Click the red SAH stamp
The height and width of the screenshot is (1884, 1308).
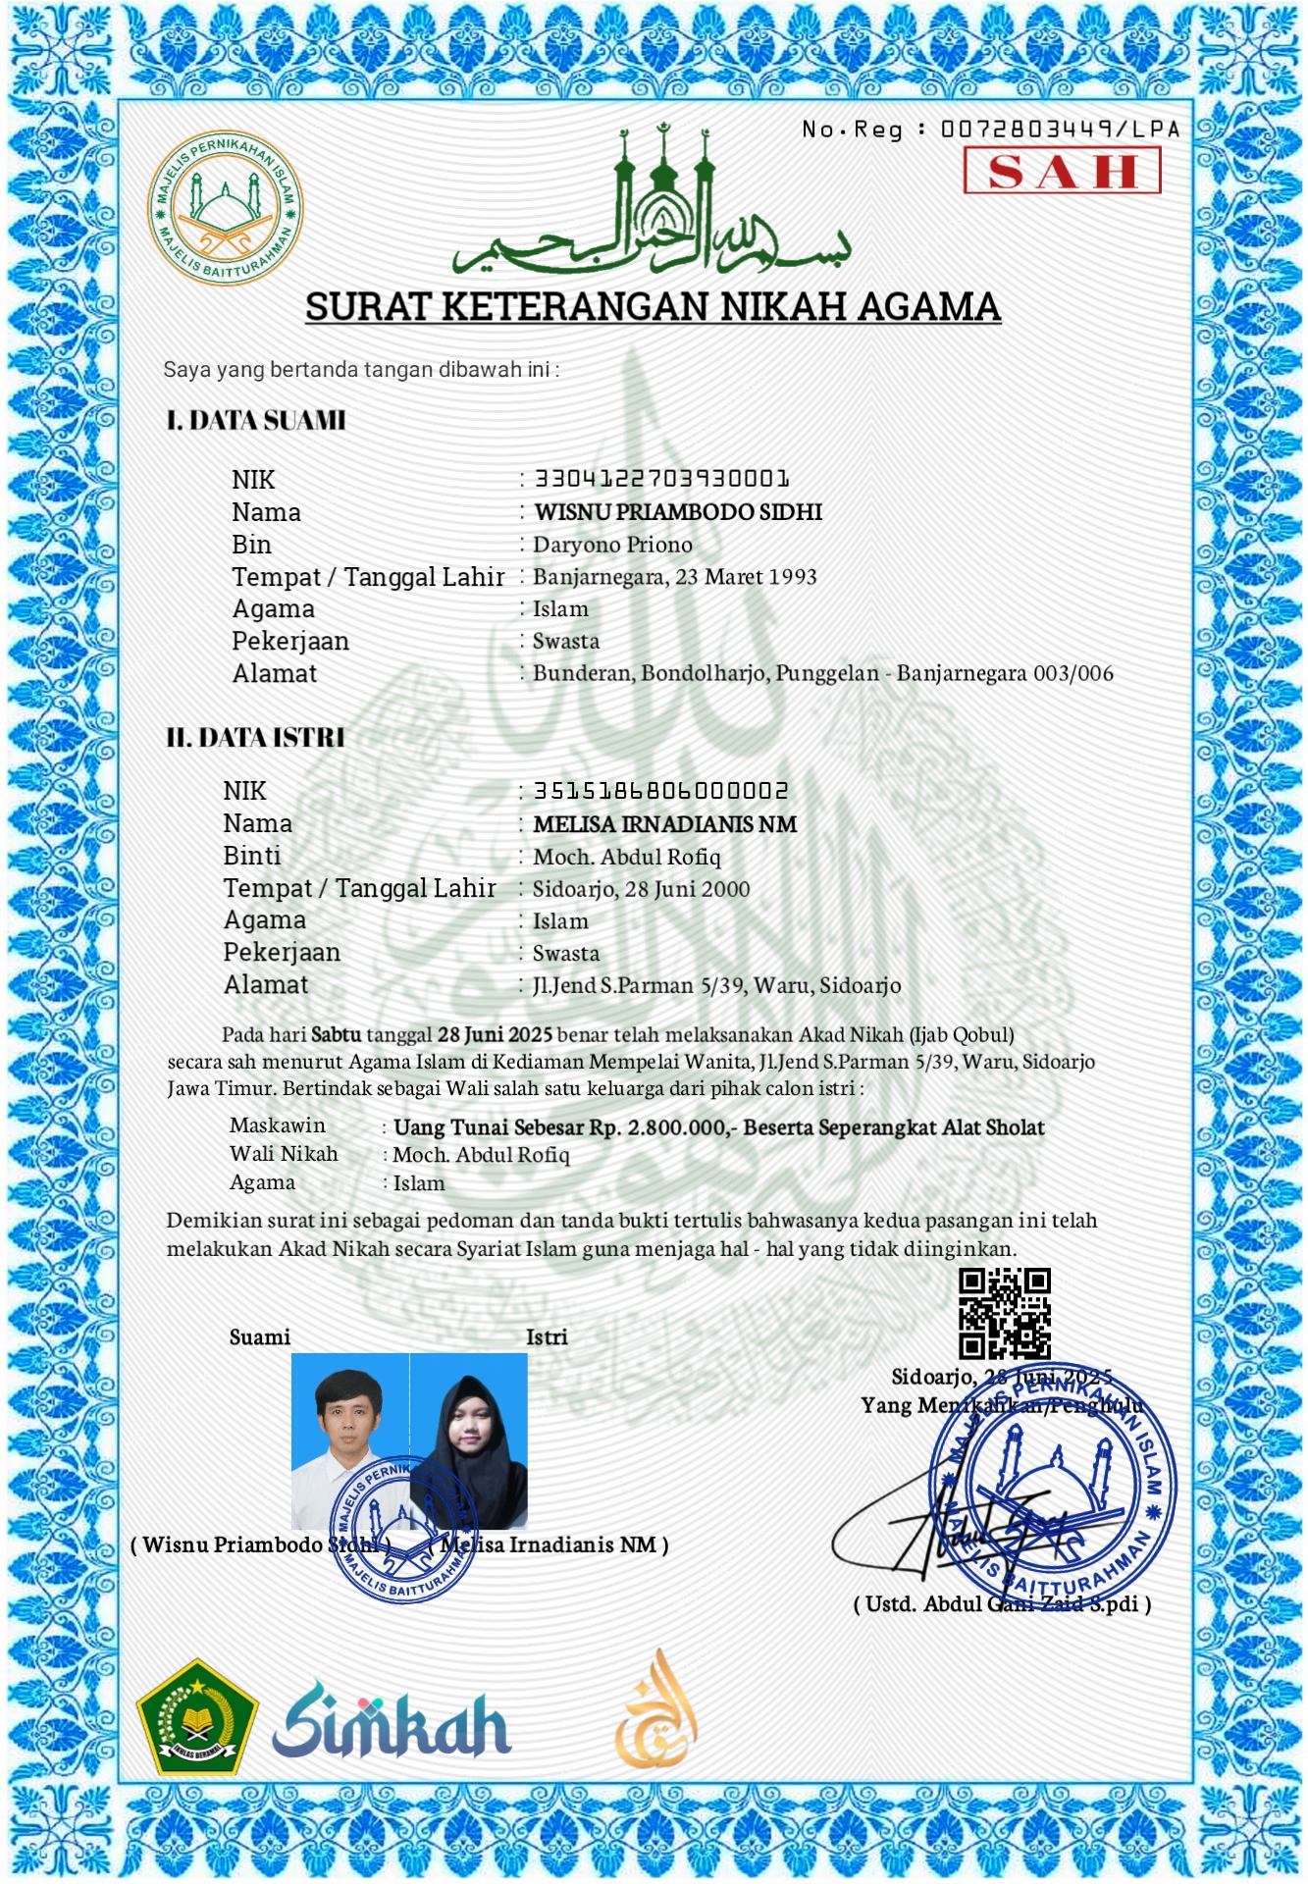1062,171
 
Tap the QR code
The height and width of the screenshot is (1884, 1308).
1004,1313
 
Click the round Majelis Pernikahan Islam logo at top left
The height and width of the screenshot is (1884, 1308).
225,208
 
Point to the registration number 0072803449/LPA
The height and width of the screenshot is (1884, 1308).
1060,130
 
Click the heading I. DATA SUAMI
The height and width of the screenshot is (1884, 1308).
256,421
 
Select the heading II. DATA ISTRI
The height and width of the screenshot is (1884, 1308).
255,737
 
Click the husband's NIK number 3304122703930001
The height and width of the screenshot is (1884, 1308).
661,479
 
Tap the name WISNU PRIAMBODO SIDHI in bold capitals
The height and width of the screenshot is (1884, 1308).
678,512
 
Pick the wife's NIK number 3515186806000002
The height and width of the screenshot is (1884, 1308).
660,791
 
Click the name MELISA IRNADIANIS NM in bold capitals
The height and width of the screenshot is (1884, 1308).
664,824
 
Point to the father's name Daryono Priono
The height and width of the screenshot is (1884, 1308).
612,545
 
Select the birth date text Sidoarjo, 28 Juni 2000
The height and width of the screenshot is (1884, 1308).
641,889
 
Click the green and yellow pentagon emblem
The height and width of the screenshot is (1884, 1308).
197,1717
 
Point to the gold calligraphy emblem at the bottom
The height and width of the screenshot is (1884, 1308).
655,1709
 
